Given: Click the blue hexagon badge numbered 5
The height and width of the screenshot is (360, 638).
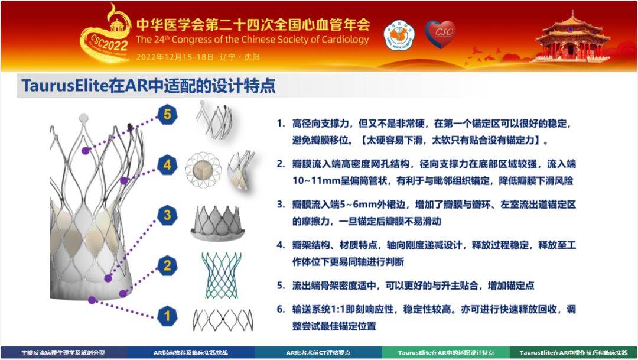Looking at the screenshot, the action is point(167,115).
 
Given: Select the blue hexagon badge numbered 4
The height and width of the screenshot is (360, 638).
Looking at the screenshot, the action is point(167,165).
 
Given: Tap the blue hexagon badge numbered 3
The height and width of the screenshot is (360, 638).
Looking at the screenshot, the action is point(167,215).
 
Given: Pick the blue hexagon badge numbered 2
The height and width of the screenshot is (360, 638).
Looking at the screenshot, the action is point(167,265).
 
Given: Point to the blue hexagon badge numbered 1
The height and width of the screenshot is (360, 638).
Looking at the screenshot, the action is point(167,316).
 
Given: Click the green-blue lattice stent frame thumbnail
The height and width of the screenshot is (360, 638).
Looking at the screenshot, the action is point(222,275).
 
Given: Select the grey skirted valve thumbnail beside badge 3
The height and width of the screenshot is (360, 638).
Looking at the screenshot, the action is point(217,223).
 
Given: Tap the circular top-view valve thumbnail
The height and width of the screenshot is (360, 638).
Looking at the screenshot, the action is point(203,170).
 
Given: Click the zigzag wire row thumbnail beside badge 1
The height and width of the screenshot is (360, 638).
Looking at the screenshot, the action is point(223,320).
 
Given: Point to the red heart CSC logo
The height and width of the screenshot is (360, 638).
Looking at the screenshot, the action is point(441,34).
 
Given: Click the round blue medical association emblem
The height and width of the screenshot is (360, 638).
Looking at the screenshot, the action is point(399,36).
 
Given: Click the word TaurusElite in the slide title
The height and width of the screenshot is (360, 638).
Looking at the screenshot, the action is point(65,86).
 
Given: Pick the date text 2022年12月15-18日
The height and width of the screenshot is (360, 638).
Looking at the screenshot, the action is point(175,57).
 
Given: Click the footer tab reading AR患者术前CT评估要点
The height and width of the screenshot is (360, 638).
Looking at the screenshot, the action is point(318,353).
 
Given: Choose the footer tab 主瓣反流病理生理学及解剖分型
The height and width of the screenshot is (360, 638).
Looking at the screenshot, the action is point(63,353).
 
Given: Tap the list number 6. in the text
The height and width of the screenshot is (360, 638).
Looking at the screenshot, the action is point(281,309).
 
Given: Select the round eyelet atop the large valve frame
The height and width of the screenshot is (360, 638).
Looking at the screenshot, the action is point(83,118).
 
